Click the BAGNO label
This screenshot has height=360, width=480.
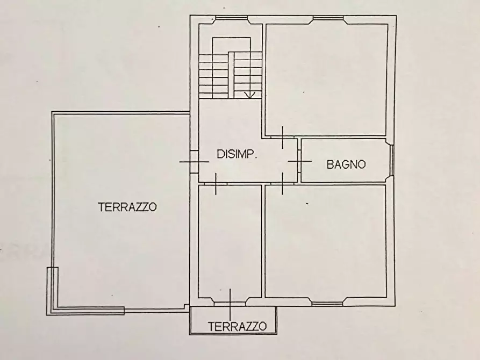[x=346, y=164]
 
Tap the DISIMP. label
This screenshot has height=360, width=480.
[x=237, y=154]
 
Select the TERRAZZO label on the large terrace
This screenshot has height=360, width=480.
[x=127, y=206]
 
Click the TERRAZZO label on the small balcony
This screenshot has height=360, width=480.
[x=237, y=326]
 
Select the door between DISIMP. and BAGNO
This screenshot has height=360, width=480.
[x=299, y=161]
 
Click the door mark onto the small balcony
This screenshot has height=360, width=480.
[x=230, y=304]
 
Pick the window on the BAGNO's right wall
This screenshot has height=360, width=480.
[x=392, y=160]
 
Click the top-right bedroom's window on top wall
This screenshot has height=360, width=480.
[x=328, y=19]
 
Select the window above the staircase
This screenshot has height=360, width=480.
[x=231, y=19]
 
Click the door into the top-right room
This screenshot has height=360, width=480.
[x=283, y=137]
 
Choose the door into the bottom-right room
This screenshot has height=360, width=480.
[x=283, y=184]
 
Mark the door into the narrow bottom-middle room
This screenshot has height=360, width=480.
[x=216, y=184]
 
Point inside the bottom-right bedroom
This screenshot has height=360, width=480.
[x=326, y=242]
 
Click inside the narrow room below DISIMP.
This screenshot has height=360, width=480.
[x=230, y=242]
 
